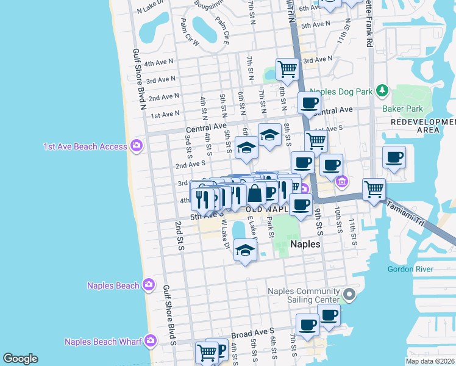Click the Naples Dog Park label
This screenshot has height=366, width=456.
[x=345, y=92]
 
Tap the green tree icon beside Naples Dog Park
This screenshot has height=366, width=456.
[x=382, y=91]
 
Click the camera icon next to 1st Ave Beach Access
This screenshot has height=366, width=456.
[x=137, y=146]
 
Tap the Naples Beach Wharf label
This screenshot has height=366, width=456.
[x=99, y=342]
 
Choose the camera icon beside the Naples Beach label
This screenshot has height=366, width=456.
[x=148, y=284]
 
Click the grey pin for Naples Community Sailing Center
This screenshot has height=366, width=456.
[x=349, y=295]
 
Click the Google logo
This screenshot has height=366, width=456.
[x=20, y=358]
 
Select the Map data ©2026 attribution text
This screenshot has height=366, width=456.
[x=430, y=361]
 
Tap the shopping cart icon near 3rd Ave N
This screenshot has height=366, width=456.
[x=287, y=69]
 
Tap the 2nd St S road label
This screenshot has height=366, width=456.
[x=179, y=235]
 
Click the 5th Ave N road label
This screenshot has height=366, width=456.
[x=316, y=25]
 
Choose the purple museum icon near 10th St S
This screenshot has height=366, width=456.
[x=341, y=181]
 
